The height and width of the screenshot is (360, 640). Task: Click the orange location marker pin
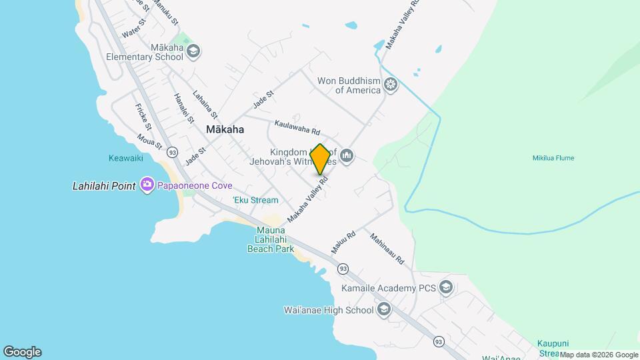coord(320,159)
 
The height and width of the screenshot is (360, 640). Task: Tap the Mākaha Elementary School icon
coord(193,51)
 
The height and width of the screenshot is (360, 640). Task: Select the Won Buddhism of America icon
coord(391,85)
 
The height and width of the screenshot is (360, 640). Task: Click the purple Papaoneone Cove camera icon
coord(147,185)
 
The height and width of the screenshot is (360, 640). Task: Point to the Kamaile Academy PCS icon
coord(446,288)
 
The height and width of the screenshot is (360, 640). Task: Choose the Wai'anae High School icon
coord(384,309)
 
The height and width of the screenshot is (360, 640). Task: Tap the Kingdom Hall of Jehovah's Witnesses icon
coord(346,157)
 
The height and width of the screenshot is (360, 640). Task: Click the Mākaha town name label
coord(225,130)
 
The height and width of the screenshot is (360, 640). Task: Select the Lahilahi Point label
coord(103,186)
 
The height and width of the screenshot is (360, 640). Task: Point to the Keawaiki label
coord(125,158)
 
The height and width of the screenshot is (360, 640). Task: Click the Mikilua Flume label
coord(553,158)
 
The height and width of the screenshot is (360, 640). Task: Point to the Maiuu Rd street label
coord(344,242)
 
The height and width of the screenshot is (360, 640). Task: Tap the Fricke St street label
coord(143,117)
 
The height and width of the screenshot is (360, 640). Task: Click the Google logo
coord(22,352)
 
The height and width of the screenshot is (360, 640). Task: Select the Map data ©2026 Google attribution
coord(599,355)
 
